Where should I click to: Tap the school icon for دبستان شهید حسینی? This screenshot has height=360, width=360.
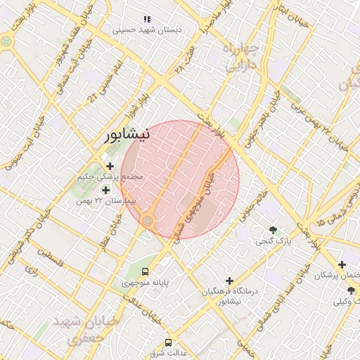[x=147, y=19]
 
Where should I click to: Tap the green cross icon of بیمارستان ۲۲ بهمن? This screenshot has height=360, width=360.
[x=105, y=190]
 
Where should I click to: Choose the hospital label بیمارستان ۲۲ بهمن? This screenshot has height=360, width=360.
[x=105, y=202]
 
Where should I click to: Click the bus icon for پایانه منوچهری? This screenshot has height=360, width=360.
[x=145, y=271]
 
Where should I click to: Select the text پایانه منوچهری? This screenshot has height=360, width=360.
[x=145, y=283]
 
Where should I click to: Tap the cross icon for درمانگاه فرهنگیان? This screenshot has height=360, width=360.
[x=229, y=280]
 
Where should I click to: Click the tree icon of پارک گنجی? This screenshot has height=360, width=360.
[x=273, y=229]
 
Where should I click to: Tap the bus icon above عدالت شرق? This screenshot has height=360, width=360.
[x=167, y=342]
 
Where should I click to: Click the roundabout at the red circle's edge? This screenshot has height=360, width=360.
[x=148, y=221]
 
